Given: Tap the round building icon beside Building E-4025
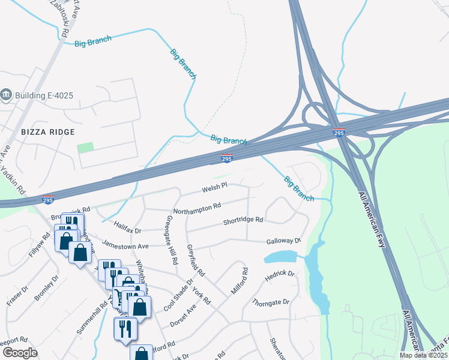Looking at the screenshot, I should pyautogui.click(x=7, y=94).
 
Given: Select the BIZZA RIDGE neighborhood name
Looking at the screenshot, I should pyautogui.click(x=47, y=132).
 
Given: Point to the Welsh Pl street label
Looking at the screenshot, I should pyautogui.click(x=214, y=188).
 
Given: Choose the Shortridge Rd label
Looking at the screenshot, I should pyautogui.click(x=243, y=220).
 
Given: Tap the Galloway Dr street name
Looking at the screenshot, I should pyautogui.click(x=284, y=241).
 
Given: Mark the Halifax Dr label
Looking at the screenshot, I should pyautogui.click(x=127, y=228).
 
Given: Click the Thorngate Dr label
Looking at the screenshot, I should pyautogui.click(x=271, y=302).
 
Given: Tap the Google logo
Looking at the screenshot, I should pyautogui.click(x=20, y=353).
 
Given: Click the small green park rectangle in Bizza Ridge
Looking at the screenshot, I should pyautogui.click(x=86, y=147).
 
